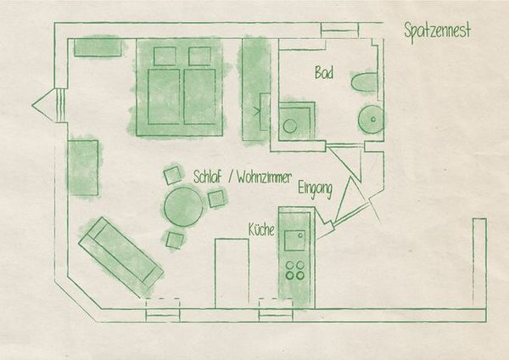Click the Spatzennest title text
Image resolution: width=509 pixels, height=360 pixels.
point(437,31)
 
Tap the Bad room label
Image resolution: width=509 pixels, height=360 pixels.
point(323,73)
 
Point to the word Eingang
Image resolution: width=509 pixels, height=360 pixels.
point(315,189)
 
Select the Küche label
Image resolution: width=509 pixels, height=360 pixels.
point(260,230)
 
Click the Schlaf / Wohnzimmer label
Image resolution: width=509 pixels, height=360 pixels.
point(242,177)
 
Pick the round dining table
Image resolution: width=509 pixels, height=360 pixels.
point(184,206)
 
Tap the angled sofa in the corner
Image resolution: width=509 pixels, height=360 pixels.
point(120,253)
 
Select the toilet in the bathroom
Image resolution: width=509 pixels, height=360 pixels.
point(363,83)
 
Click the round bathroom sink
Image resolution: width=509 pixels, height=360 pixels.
point(371,120)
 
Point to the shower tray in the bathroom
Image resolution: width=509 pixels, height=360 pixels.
point(294,121)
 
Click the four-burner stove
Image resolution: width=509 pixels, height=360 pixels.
point(296,270)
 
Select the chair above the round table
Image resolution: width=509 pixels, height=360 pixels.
point(172,176)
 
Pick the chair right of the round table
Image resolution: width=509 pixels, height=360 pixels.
point(217,199)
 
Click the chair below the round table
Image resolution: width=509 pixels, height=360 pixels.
point(175,239)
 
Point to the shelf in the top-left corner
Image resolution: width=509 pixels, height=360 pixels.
point(98,47)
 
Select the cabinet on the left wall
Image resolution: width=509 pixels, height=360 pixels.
point(84,167)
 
